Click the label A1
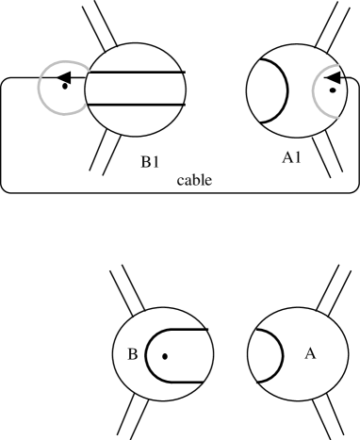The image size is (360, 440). pos(292,161)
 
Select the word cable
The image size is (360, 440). pos(194,179)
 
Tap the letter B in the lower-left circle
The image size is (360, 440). pos(133,354)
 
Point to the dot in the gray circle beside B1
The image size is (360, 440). pos(64,88)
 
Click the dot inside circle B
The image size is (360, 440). pos(164,357)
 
